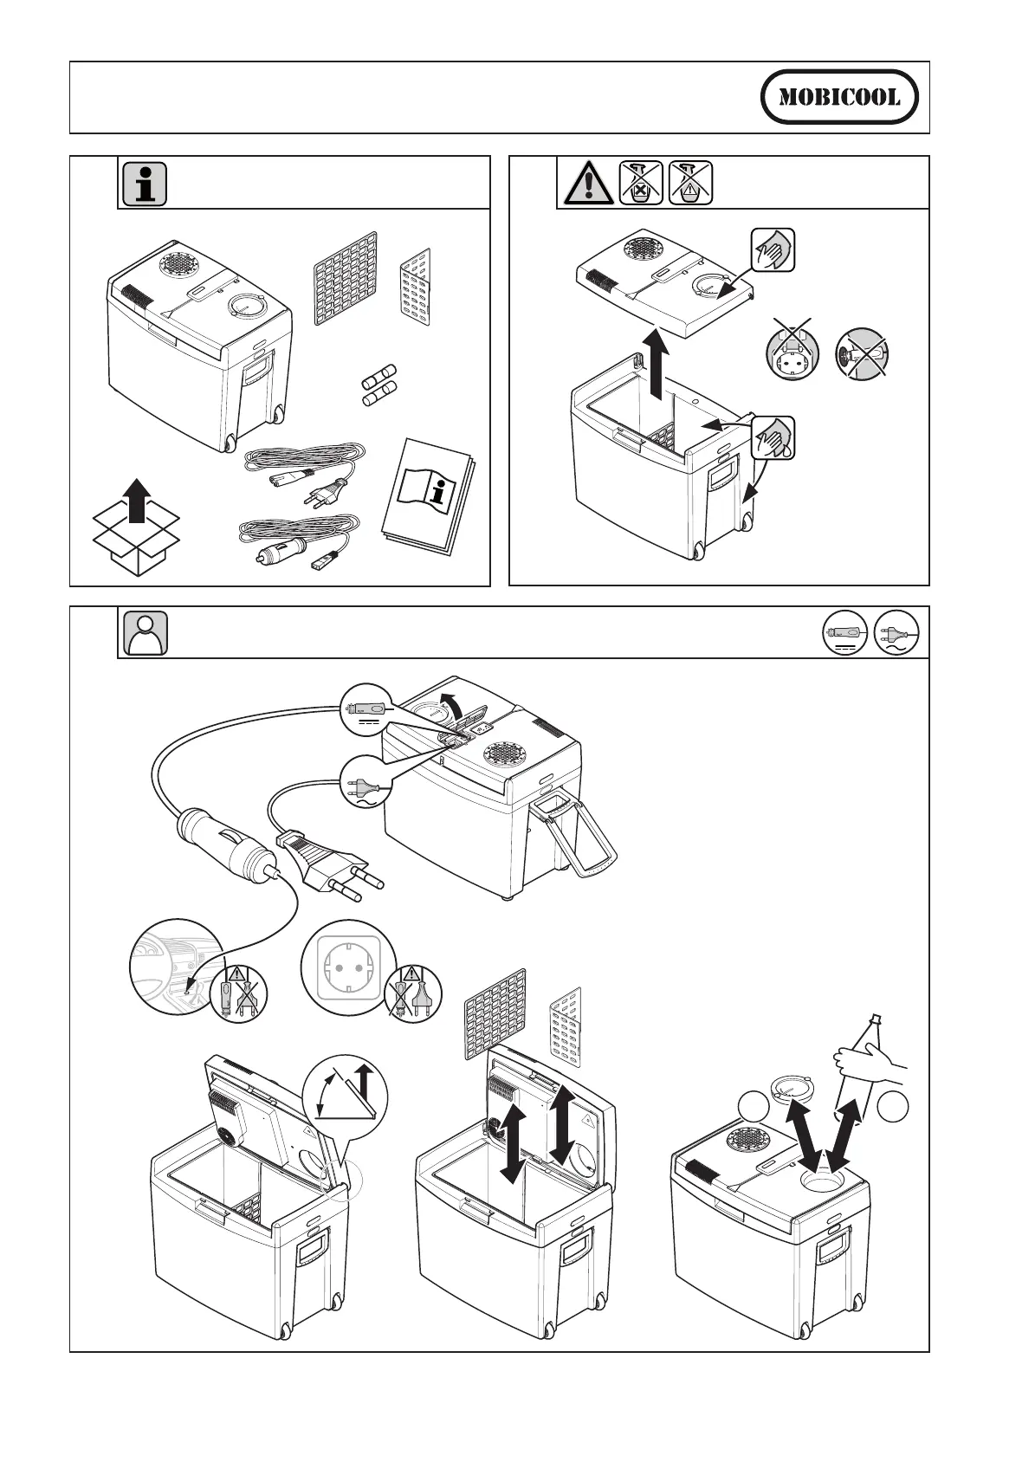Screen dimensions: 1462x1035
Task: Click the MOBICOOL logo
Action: tap(839, 98)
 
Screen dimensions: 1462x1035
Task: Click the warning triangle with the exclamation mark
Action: tap(585, 183)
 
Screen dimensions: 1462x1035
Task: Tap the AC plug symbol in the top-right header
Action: tap(897, 633)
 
